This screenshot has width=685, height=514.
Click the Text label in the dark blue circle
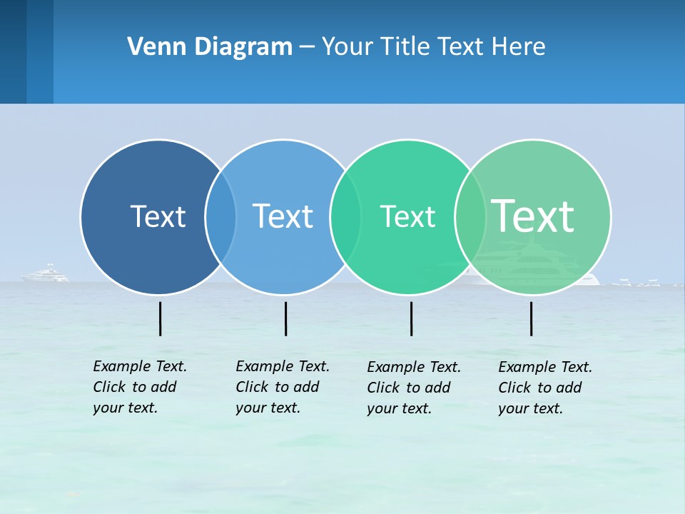coord(158,216)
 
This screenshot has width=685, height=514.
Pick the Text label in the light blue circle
coord(283,216)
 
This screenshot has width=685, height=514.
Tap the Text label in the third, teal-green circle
coord(407,216)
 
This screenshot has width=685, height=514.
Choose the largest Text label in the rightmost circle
coord(532,216)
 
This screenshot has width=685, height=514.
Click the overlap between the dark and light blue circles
coord(220,216)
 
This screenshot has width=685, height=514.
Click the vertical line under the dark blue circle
coord(161,318)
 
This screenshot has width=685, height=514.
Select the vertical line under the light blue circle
coord(285,318)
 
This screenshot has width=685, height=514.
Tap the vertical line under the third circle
coord(411,318)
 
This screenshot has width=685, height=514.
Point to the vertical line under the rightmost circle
coord(532,318)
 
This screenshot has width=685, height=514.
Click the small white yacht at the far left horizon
coord(46,274)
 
